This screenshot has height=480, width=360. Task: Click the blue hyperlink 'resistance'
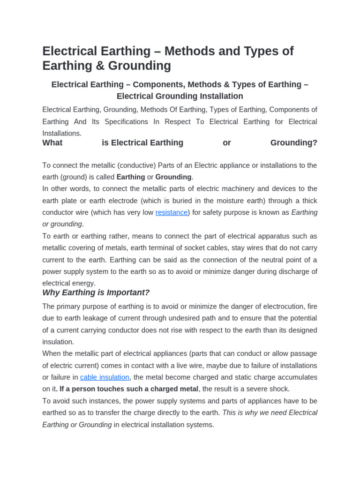tap(172, 212)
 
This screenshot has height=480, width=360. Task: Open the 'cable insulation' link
tap(105, 377)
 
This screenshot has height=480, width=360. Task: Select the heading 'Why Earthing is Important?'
tap(96, 292)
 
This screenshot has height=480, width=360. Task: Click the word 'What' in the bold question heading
tap(52, 143)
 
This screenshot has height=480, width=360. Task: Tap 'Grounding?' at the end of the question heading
tap(294, 143)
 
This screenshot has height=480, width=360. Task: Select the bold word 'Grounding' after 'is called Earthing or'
tap(173, 177)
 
